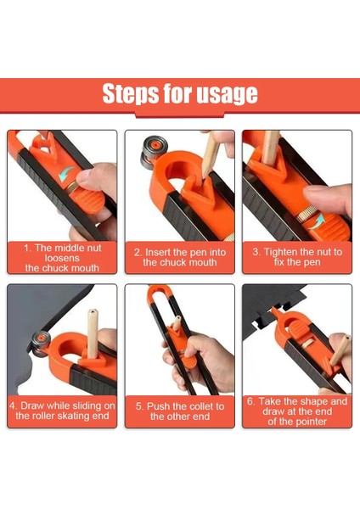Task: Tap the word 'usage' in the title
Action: [x=223, y=94]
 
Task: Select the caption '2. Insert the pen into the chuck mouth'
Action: [x=179, y=257]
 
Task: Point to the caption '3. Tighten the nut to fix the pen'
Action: [x=297, y=257]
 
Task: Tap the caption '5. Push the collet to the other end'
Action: [x=179, y=411]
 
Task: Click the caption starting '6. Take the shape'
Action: [x=297, y=411]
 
